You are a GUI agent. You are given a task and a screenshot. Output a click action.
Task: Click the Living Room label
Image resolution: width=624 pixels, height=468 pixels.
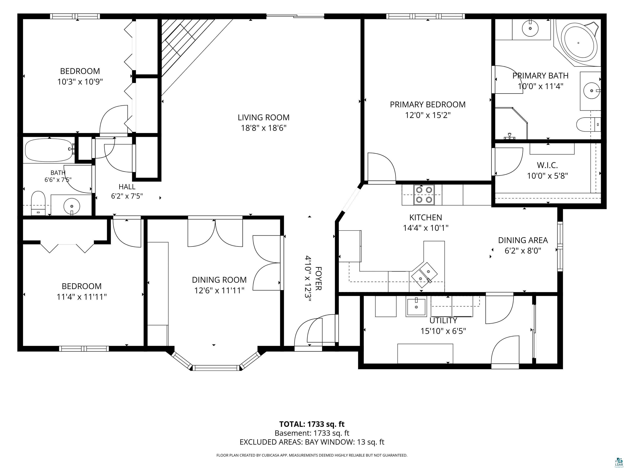(263, 117)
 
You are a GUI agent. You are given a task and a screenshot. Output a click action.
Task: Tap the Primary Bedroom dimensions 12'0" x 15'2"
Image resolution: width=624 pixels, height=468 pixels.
(428, 115)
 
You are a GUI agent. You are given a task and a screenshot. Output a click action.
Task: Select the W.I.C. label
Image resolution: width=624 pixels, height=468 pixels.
(547, 165)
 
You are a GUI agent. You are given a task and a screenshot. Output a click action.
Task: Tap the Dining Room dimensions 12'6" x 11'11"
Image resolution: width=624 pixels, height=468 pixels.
(219, 290)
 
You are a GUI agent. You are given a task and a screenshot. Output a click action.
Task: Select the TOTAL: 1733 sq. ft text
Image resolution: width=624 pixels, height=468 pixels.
(312, 424)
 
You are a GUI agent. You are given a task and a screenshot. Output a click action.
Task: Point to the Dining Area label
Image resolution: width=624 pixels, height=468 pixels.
(523, 240)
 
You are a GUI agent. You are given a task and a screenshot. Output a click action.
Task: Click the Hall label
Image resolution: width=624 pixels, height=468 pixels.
(127, 187)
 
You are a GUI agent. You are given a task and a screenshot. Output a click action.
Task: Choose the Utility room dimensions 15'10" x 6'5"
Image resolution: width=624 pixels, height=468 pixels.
(443, 331)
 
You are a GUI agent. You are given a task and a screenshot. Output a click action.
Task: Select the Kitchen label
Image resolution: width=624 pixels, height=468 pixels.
(426, 218)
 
